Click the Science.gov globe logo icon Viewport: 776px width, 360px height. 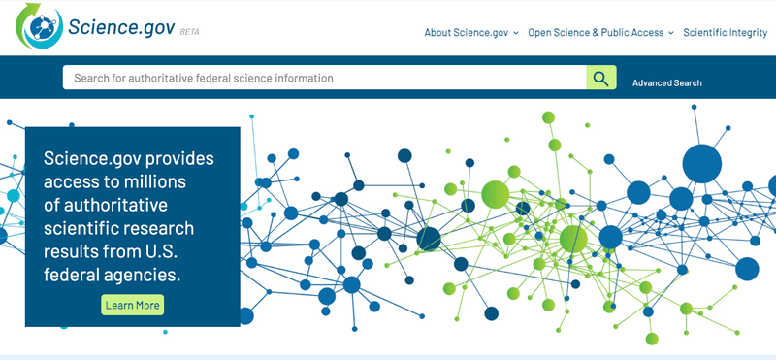tap(37, 27)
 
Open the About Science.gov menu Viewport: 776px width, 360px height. tap(467, 32)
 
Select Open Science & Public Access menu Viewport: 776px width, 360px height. tap(596, 32)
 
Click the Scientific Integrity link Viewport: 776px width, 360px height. tap(725, 32)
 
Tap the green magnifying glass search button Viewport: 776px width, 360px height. tap(601, 78)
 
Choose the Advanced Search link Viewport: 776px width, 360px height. tap(667, 82)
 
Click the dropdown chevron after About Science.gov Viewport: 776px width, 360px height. tap(516, 33)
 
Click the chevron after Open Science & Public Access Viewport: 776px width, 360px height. tap(670, 33)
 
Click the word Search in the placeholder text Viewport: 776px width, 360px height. tap(90, 78)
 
